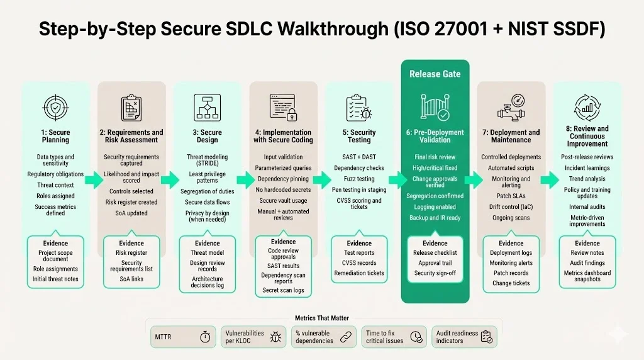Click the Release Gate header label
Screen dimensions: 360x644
[x=435, y=74]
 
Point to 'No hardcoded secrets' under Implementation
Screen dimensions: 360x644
[x=283, y=190]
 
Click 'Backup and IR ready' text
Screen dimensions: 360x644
[x=435, y=218]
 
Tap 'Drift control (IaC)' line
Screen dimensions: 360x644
[x=511, y=207]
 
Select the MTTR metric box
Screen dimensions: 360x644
[x=181, y=337]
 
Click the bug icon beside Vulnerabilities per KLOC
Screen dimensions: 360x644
[x=275, y=337]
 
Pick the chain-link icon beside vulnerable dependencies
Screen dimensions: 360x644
[x=345, y=337]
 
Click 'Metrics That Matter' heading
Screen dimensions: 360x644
[x=321, y=318]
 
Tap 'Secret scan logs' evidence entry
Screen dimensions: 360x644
[x=283, y=290]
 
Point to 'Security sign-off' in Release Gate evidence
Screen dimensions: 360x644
[x=435, y=273]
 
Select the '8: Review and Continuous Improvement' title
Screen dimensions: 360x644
[x=587, y=136]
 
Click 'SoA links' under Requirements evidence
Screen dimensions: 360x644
[x=132, y=279]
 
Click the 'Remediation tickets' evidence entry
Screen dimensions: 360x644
[x=359, y=273]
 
